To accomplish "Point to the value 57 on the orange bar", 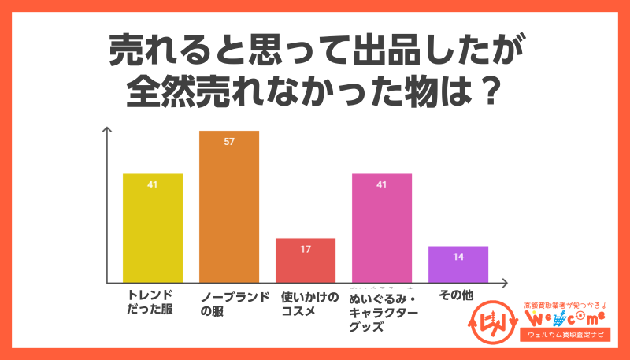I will [x=229, y=142].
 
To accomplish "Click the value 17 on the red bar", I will [x=306, y=250].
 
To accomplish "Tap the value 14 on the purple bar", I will [x=458, y=257].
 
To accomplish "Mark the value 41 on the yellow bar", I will [x=153, y=185].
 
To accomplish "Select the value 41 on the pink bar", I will [x=382, y=185].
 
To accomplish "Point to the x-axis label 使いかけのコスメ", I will [x=309, y=303].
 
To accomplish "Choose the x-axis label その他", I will [x=456, y=295].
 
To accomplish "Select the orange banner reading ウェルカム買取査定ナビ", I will [x=565, y=336].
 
